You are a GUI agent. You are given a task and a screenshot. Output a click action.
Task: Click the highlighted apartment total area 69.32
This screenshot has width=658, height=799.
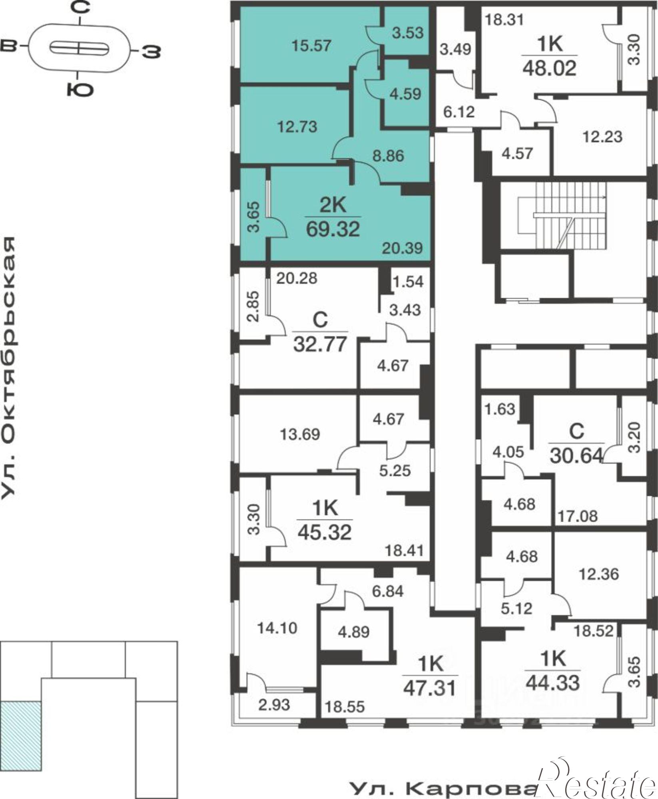click(333, 229)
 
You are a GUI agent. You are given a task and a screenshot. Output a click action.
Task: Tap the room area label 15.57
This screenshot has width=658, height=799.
click(311, 46)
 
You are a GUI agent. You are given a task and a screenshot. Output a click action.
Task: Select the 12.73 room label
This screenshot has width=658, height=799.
click(297, 127)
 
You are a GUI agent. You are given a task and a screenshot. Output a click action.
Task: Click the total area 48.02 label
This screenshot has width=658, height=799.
click(550, 68)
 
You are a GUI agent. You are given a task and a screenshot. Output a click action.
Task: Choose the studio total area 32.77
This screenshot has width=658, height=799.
click(320, 344)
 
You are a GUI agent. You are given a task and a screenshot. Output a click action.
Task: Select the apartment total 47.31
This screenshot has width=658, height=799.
click(430, 688)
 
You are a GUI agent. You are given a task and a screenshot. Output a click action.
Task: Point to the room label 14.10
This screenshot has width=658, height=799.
click(277, 628)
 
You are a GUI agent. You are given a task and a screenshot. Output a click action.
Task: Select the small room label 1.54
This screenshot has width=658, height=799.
click(407, 282)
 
